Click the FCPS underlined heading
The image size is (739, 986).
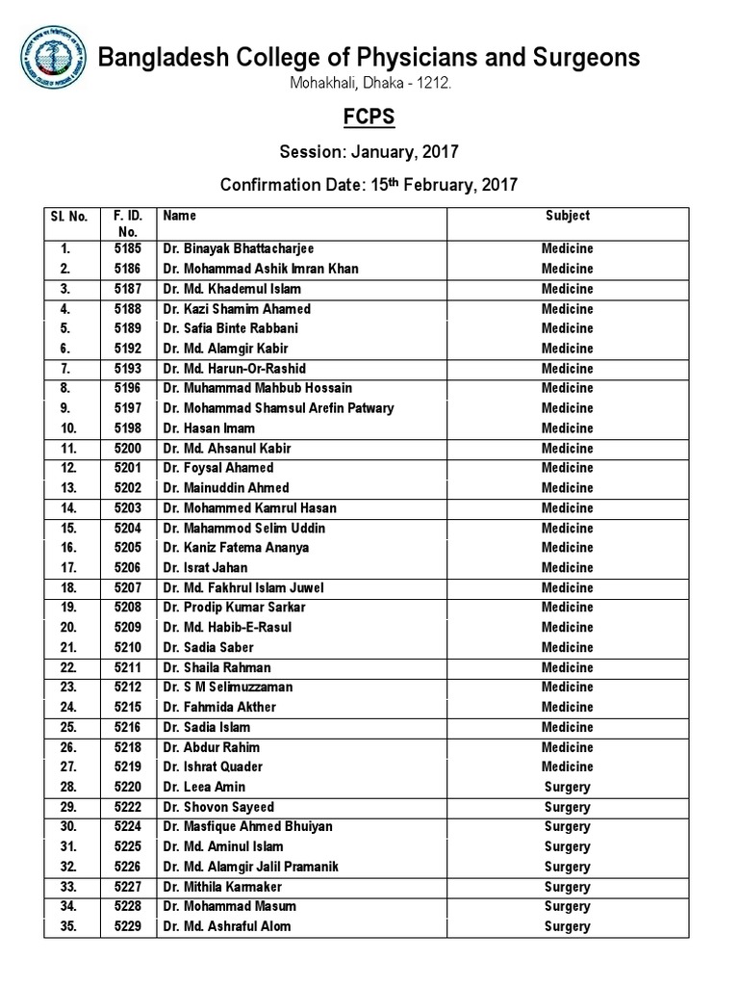tap(369, 117)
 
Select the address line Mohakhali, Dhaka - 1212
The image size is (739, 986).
tap(369, 85)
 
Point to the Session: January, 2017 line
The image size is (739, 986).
tap(369, 151)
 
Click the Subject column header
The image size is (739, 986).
tap(567, 217)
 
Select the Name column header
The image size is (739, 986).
tap(180, 217)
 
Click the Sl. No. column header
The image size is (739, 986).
tap(69, 217)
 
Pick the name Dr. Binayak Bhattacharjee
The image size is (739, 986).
tap(239, 248)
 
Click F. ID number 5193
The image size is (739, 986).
tap(128, 369)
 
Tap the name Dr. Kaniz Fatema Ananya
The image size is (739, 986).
tap(236, 548)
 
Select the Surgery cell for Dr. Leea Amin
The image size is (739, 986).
tap(567, 787)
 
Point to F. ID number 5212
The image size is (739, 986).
tap(128, 688)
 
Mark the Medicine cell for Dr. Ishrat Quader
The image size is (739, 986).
tap(567, 767)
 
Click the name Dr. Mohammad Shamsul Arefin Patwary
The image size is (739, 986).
tap(278, 408)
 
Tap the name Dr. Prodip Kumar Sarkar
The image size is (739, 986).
tap(233, 608)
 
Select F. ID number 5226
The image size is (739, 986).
tap(128, 867)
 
